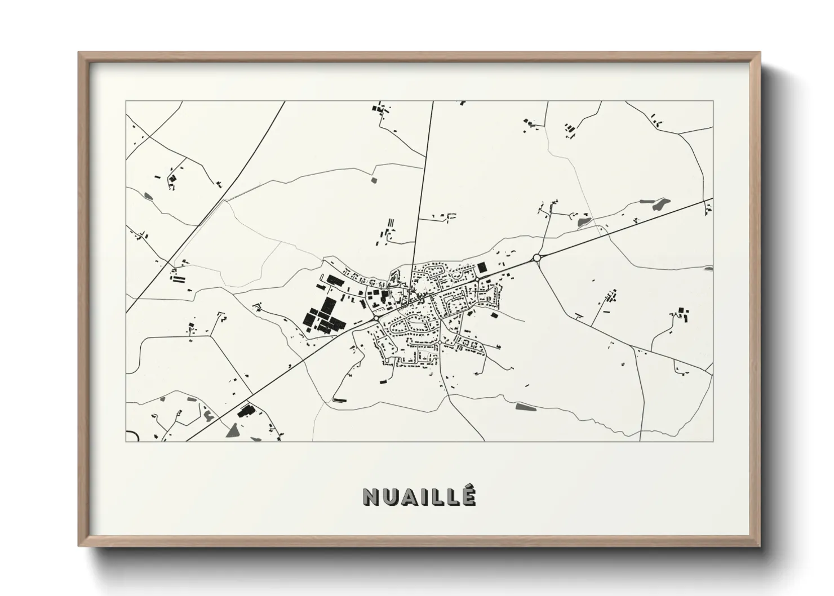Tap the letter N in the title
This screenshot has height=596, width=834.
(x=371, y=496)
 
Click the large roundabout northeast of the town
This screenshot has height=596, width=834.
(x=536, y=258)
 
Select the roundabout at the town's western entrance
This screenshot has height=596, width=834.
(x=375, y=318)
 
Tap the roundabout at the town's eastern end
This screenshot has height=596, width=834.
(x=477, y=279)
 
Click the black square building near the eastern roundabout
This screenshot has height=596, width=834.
(x=482, y=268)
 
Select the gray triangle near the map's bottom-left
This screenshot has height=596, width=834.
(x=232, y=432)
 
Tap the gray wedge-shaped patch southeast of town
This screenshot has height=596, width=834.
(x=524, y=406)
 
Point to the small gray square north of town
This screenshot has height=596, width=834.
(x=374, y=180)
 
